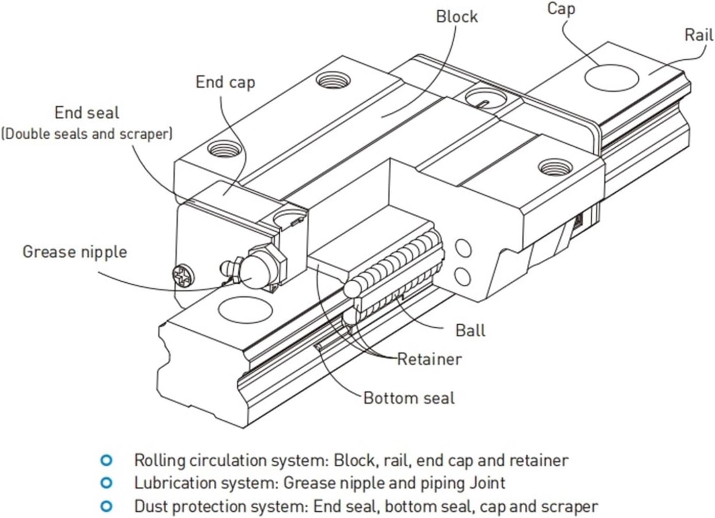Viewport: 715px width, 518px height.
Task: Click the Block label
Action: [456, 16]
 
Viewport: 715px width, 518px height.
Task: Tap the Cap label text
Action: [561, 9]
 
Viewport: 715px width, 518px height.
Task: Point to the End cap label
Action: [225, 82]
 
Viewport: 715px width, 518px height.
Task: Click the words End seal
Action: [87, 112]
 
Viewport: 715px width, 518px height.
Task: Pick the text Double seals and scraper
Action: [87, 134]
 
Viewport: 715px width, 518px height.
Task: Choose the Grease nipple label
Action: [75, 252]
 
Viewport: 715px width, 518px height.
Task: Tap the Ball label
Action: [470, 330]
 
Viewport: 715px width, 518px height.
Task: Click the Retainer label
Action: [429, 359]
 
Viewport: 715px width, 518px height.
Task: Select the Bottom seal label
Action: [409, 398]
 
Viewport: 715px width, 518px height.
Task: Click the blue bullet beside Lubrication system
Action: [106, 483]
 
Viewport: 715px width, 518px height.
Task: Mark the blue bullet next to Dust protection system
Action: [106, 506]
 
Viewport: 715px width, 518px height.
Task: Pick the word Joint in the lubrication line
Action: [487, 483]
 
